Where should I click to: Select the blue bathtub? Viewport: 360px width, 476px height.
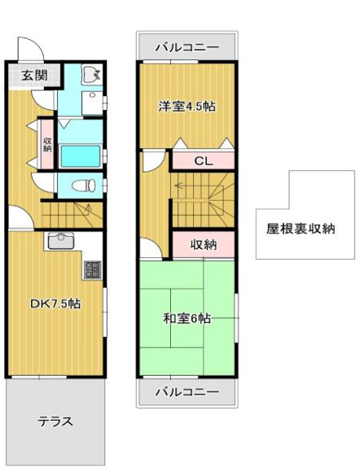(x=81, y=155)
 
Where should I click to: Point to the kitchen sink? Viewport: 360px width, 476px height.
(x=60, y=241)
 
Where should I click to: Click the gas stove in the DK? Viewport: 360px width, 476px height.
(x=91, y=269)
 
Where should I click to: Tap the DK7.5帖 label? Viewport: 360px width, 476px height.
(x=55, y=304)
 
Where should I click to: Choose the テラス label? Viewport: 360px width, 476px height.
(x=55, y=421)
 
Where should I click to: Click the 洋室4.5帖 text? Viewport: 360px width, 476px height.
(x=187, y=106)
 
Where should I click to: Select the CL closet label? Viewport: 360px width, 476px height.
(x=203, y=161)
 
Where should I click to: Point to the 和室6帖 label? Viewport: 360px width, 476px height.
(x=187, y=318)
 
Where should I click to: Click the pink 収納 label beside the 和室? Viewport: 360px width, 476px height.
(x=204, y=244)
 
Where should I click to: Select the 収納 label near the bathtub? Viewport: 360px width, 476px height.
(x=47, y=142)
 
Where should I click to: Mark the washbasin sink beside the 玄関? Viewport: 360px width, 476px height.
(x=91, y=76)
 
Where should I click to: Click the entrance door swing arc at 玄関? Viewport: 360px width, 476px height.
(x=25, y=46)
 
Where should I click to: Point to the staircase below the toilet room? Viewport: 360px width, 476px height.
(x=72, y=215)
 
